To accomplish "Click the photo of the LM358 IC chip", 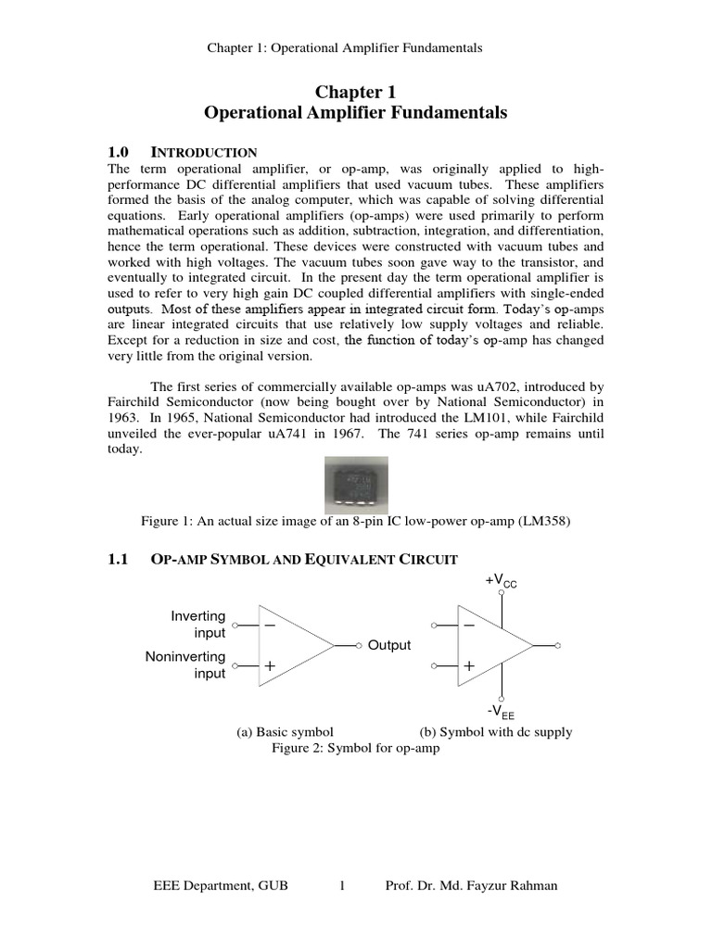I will point(356,485).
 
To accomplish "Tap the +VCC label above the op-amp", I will point(501,581).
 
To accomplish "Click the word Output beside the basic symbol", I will point(388,645).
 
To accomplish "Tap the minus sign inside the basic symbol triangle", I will point(270,626).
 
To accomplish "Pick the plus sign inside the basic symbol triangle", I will point(270,665).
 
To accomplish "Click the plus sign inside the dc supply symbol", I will point(469,665).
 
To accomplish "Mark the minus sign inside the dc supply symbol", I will point(469,626).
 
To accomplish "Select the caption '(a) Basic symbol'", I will point(285,731).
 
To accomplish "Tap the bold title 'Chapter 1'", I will point(355,92).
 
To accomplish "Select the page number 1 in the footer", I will point(342,885).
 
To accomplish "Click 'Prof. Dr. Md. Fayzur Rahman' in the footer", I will point(471,885).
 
